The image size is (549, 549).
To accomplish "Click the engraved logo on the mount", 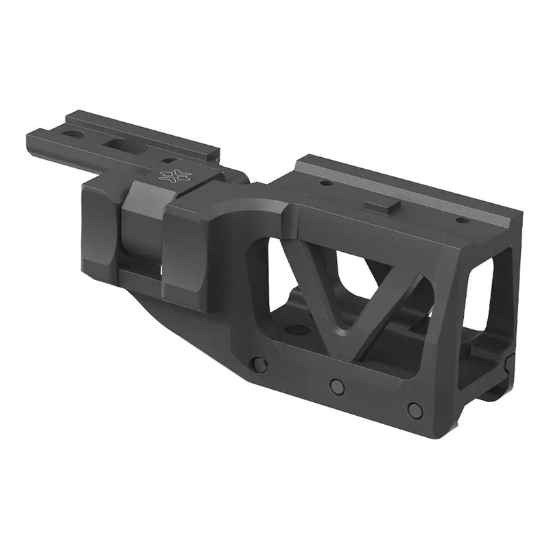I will pos(174,176).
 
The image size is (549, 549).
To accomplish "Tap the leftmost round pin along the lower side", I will pos(259,364).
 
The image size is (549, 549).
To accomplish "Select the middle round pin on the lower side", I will pos(337,386).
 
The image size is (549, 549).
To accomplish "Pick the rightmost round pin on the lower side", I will pos(414,410).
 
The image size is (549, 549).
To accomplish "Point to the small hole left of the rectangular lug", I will pos(327,183).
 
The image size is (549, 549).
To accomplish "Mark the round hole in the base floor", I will pos(297,329).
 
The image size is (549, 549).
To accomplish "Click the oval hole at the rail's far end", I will pos(73,134).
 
